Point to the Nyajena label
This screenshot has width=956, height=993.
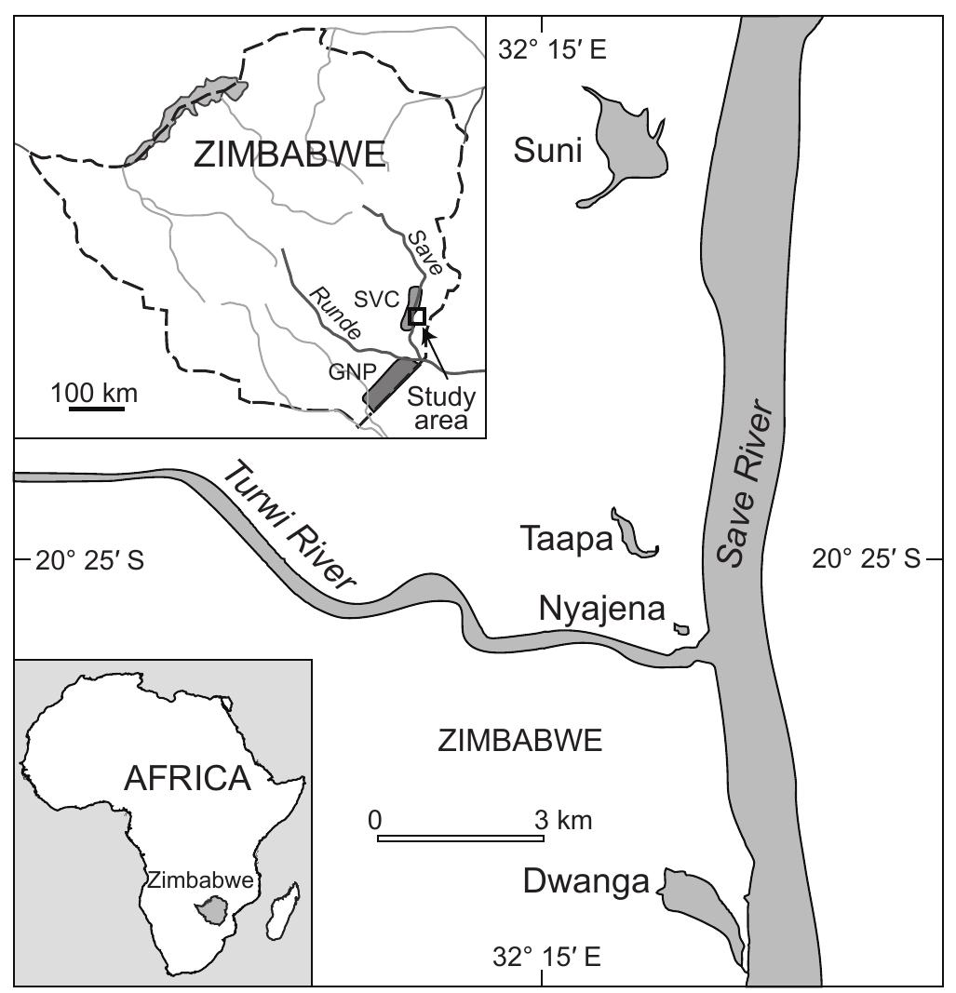click(x=601, y=610)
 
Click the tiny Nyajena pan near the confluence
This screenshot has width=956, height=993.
click(x=682, y=630)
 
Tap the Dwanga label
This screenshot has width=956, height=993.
click(x=586, y=881)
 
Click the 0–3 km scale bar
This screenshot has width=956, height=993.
click(x=460, y=839)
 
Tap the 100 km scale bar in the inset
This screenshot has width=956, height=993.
click(x=95, y=408)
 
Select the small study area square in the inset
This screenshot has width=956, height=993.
click(x=418, y=316)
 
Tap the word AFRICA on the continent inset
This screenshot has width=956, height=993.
click(x=189, y=778)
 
